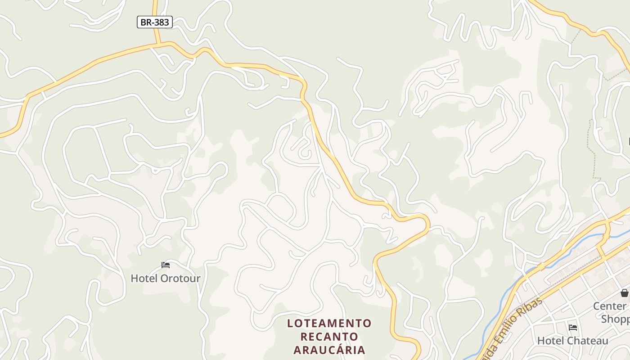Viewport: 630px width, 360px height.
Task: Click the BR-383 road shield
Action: click(x=154, y=22)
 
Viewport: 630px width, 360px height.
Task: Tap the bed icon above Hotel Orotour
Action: click(x=166, y=265)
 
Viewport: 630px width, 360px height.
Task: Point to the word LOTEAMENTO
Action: click(x=329, y=323)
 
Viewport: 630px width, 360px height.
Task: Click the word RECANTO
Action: click(x=329, y=337)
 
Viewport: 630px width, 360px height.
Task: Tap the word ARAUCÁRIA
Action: click(x=329, y=350)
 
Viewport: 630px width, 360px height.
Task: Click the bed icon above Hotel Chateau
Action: click(x=573, y=327)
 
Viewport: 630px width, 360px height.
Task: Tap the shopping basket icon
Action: click(x=625, y=293)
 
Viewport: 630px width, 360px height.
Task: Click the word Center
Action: click(x=609, y=306)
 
